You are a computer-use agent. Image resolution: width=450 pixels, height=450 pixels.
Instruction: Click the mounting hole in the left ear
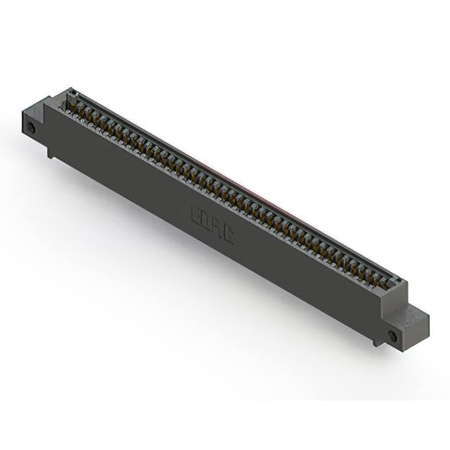[x=32, y=128]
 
